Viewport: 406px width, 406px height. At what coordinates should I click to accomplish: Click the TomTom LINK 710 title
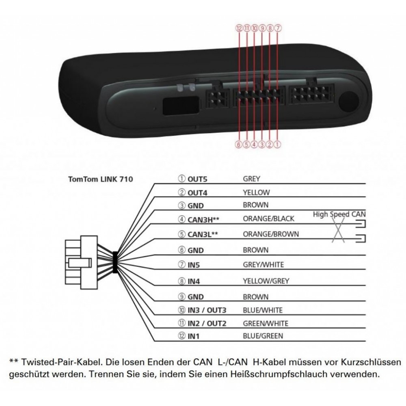coord(100,179)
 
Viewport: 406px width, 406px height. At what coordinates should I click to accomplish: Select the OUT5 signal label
coord(197,179)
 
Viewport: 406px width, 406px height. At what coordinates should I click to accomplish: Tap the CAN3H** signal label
coord(203,220)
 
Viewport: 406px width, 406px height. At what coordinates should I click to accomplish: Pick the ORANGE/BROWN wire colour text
coord(270,234)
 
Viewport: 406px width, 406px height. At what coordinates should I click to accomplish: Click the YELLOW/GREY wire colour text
coord(266,281)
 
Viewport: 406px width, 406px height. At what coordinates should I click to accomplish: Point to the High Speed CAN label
coord(339,214)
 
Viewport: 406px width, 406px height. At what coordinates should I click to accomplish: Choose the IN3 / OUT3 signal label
coord(207,310)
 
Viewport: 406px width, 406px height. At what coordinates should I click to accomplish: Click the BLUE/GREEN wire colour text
coord(263,336)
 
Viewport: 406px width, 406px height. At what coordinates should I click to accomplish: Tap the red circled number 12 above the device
coord(239,28)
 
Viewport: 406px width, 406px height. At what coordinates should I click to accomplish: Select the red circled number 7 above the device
coord(278,28)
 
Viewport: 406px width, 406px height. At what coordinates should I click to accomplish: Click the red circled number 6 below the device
coord(239,145)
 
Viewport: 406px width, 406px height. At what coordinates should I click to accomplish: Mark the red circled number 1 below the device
coord(277,145)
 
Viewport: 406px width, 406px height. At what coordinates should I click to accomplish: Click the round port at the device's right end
coord(349,101)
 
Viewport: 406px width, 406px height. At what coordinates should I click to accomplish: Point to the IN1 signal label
coord(193,336)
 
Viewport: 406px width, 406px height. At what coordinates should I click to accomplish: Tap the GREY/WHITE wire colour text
coord(263,265)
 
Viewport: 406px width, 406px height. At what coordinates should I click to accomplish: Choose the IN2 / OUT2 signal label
coord(207,324)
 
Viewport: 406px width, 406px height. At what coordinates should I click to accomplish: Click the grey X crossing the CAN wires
coord(338,230)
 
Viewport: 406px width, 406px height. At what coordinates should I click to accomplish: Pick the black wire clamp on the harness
coord(115,262)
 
